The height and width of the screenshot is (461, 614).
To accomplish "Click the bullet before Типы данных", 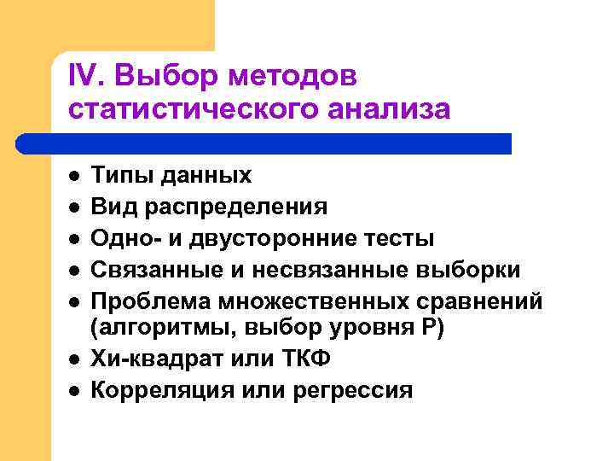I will click(x=74, y=176).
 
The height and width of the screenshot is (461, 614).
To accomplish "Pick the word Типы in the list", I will click(x=119, y=176).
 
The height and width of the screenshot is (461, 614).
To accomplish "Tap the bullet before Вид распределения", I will click(x=74, y=207).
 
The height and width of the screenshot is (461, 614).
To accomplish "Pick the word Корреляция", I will click(x=155, y=391).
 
